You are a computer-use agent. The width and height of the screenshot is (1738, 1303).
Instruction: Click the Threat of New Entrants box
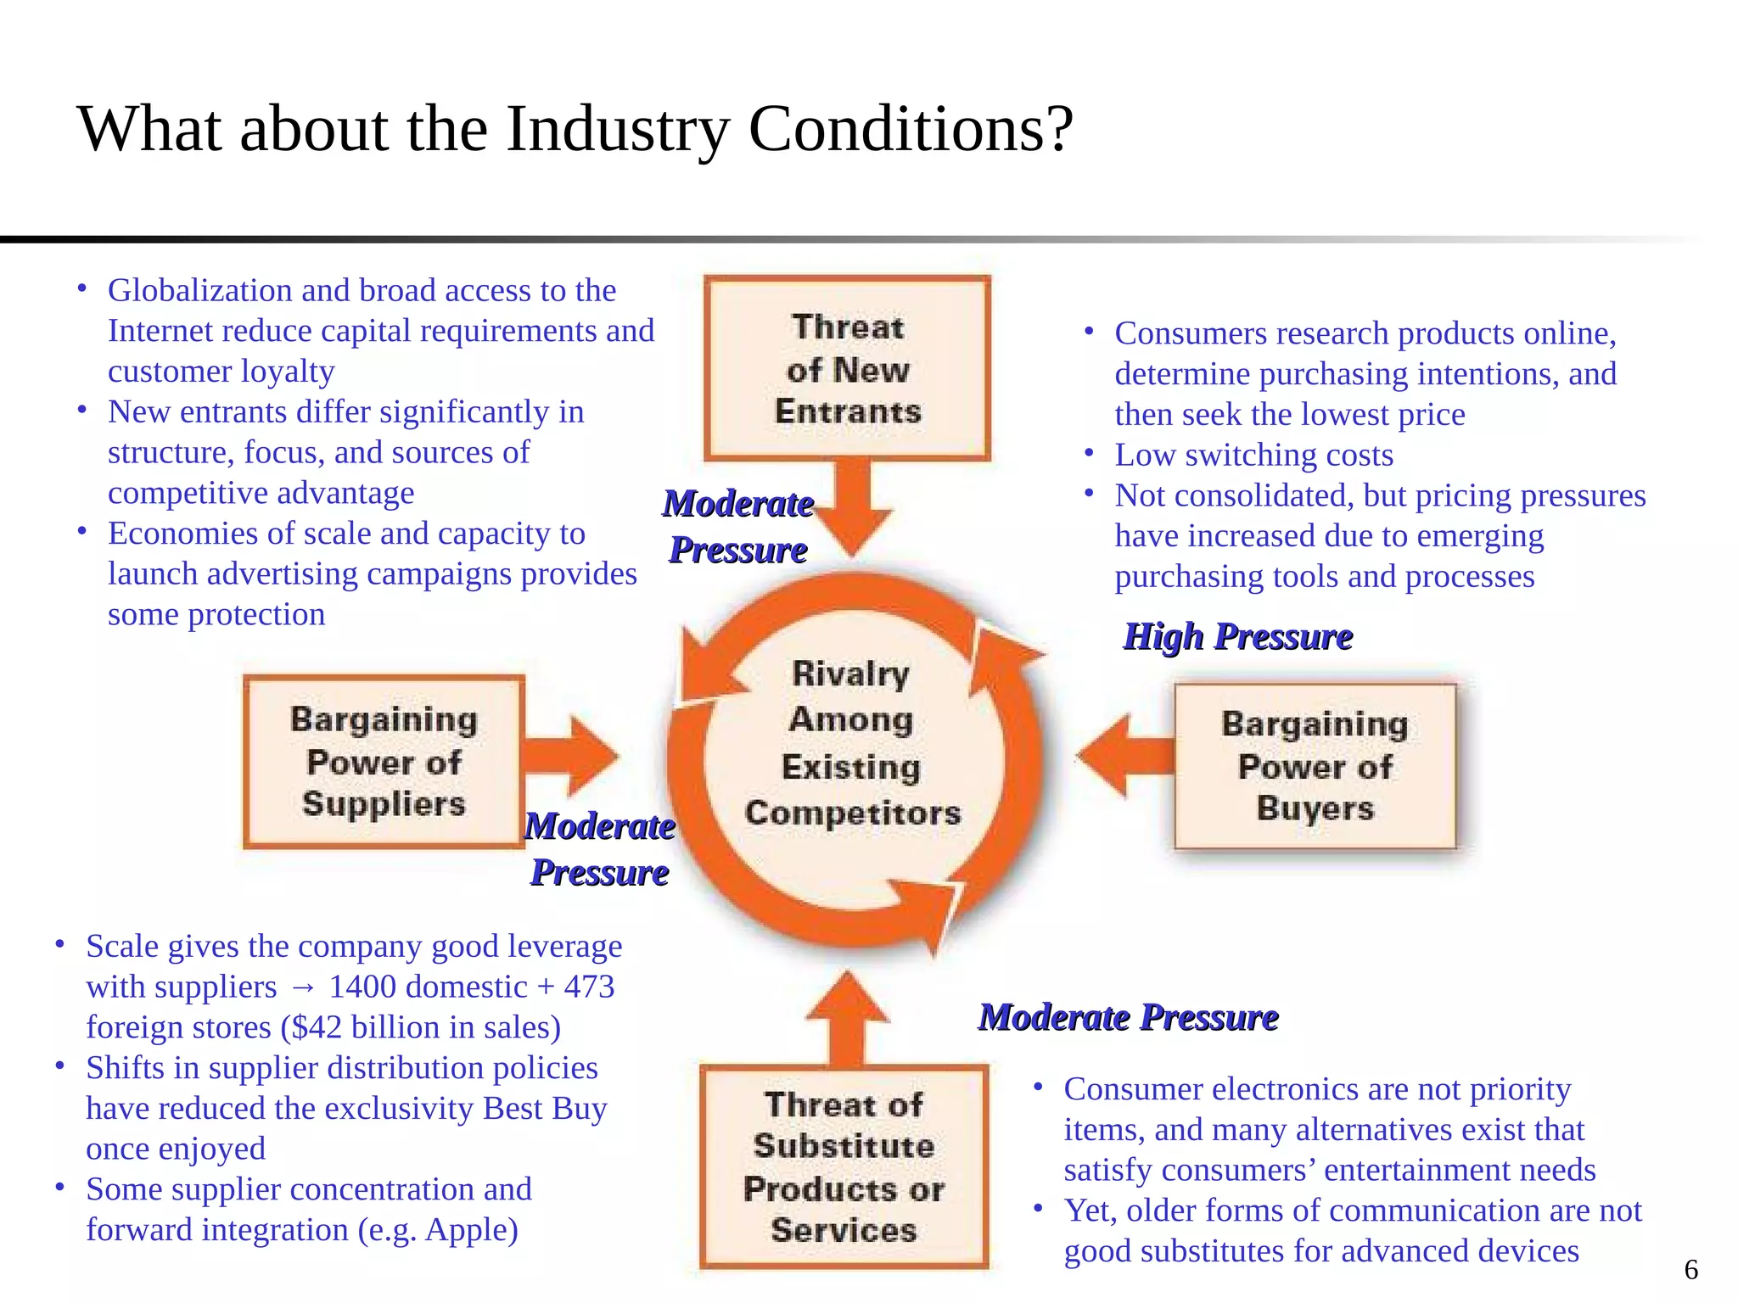coord(847,369)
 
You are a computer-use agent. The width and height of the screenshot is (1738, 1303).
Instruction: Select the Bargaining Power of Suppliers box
coord(384,761)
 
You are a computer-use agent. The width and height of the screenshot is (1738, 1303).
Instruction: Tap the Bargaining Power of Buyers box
coord(1315,765)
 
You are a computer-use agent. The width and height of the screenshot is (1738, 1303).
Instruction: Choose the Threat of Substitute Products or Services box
coord(844,1166)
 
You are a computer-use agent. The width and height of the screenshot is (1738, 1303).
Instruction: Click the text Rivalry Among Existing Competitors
coord(852,743)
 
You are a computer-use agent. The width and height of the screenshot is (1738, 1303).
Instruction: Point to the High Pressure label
coord(1237,636)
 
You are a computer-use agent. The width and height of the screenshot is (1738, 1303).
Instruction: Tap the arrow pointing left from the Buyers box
coord(1124,755)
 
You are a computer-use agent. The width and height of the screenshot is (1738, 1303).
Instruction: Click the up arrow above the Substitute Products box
coord(847,1018)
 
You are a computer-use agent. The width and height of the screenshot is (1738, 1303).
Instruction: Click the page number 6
coord(1690,1270)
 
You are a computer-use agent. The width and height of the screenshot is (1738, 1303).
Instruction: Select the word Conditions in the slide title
coord(911,129)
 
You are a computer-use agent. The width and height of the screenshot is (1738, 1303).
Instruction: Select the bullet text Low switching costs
coord(1253,455)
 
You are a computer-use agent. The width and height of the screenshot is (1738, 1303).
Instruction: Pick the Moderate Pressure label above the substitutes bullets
coord(1128,1017)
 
